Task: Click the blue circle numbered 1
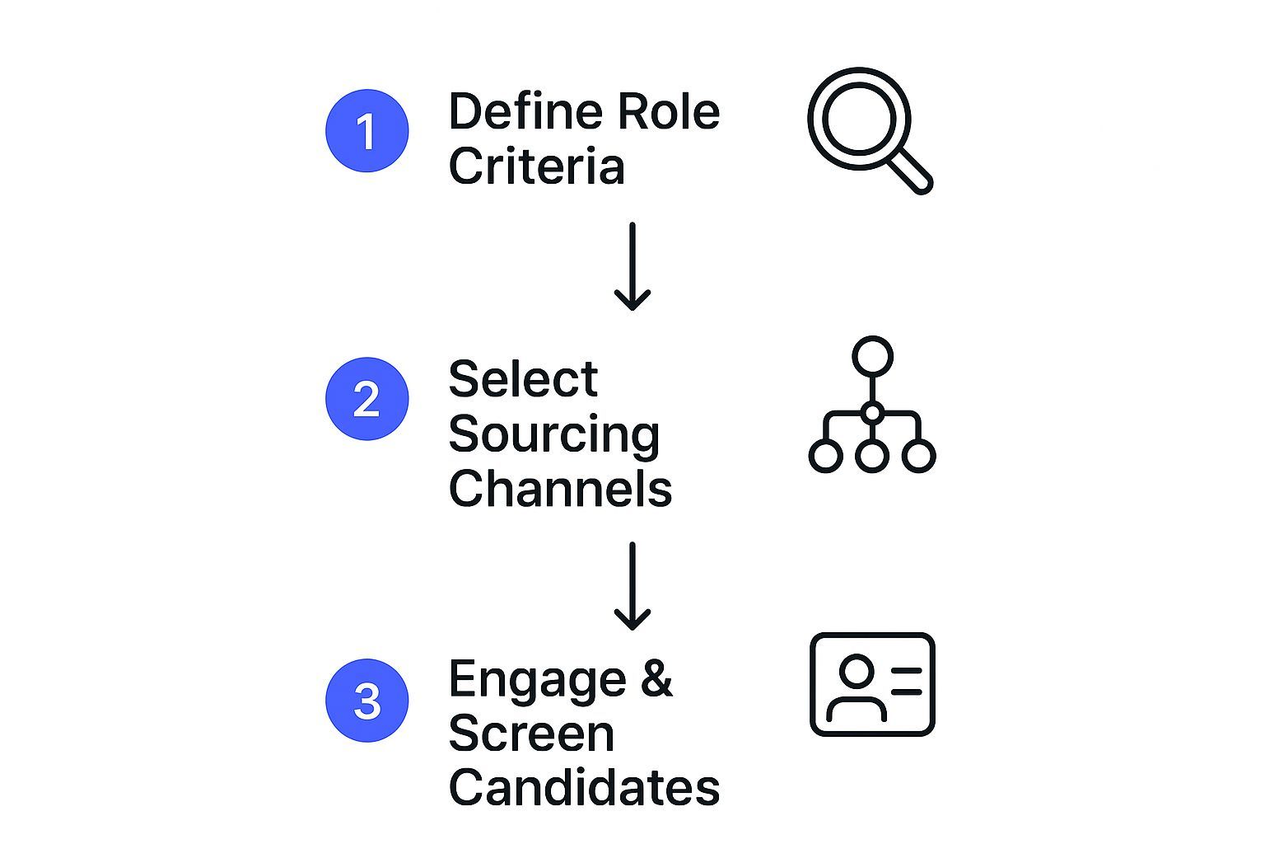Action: (x=367, y=131)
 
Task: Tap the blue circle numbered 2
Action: (x=367, y=399)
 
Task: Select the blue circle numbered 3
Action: (x=367, y=701)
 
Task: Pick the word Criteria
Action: (x=536, y=166)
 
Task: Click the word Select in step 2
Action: (x=523, y=379)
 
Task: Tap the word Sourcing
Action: (x=554, y=434)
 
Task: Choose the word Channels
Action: (x=560, y=488)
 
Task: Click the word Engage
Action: (x=538, y=681)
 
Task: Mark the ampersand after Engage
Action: (x=656, y=679)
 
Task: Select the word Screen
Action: (x=531, y=734)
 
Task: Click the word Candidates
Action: (x=584, y=787)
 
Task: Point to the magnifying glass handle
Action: (x=912, y=172)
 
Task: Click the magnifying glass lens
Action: (x=859, y=119)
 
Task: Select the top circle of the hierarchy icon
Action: (x=872, y=356)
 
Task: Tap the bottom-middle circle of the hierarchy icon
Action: (x=872, y=455)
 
